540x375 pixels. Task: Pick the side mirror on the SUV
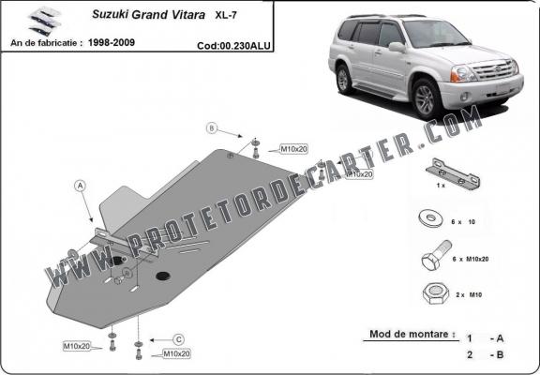pos(397,46)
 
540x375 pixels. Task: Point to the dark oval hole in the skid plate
pos(162,276)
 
